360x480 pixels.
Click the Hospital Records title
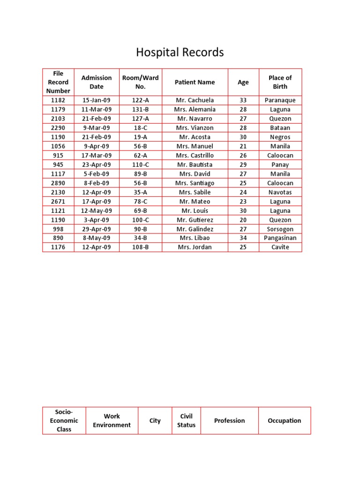click(180, 52)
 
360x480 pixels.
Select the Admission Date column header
click(97, 82)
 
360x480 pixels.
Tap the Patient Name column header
click(195, 82)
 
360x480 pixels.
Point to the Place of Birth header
click(280, 82)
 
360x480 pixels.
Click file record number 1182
click(58, 100)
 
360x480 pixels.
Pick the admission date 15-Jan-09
click(97, 100)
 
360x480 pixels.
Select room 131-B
click(140, 109)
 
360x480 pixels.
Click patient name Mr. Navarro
click(195, 119)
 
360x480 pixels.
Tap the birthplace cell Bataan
click(280, 127)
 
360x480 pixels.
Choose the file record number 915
click(58, 155)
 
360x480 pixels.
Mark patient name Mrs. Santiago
click(195, 183)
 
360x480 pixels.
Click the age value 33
click(243, 100)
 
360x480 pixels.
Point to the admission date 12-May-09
click(97, 210)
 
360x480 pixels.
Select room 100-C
click(140, 220)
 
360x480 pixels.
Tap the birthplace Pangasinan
click(280, 238)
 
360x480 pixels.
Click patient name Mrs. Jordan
click(195, 247)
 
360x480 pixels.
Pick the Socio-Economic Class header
click(64, 420)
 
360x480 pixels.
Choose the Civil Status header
click(186, 420)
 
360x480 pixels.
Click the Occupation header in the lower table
click(284, 420)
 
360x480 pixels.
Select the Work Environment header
click(112, 420)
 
